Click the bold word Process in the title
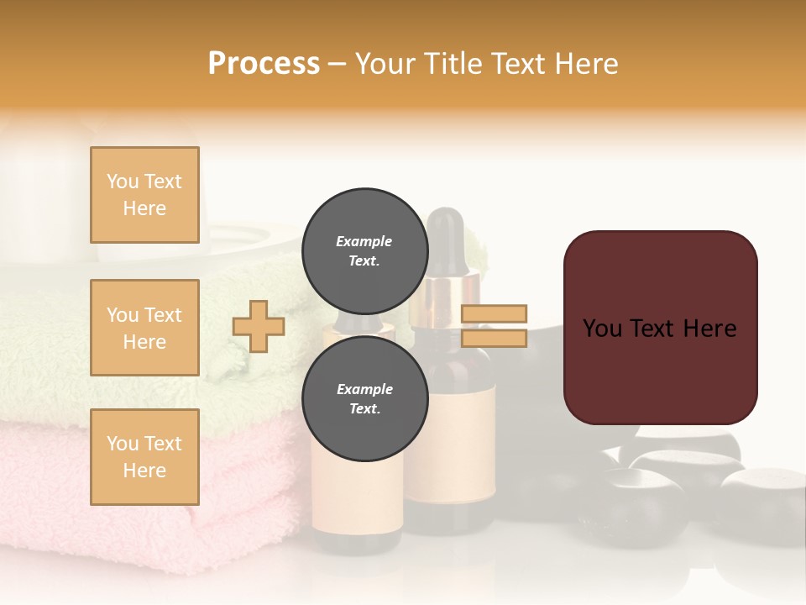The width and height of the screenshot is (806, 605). (264, 64)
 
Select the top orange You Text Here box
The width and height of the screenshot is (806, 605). (144, 195)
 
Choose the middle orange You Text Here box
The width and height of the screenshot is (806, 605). (144, 328)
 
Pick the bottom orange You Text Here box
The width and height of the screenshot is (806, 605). (144, 457)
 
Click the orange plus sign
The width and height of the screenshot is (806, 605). (259, 326)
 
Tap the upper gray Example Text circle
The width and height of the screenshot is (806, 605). (364, 250)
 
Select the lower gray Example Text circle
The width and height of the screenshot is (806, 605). (364, 398)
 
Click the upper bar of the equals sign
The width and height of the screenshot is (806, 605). (495, 313)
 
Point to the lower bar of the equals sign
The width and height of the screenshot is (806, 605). (495, 339)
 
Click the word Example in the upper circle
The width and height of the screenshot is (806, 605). (364, 241)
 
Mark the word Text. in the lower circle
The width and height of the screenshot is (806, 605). (364, 409)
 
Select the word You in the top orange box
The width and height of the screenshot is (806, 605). (123, 181)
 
